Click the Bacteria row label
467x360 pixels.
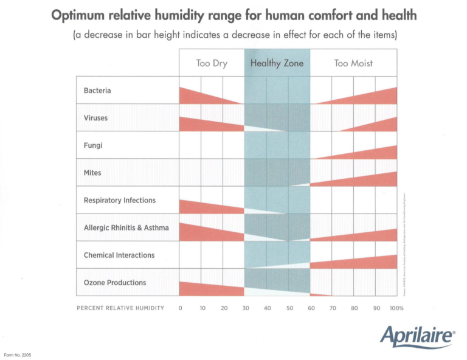(x=97, y=91)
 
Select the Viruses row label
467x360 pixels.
(x=95, y=118)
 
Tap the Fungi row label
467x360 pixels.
(x=93, y=145)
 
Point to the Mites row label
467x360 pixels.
(x=93, y=173)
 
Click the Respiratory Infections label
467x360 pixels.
(x=120, y=200)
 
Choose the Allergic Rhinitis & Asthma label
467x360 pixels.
(x=126, y=228)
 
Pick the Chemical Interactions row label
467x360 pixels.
(x=119, y=255)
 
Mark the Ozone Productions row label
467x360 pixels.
(x=115, y=283)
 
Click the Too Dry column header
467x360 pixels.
(x=212, y=63)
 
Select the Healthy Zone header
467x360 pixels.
(x=277, y=63)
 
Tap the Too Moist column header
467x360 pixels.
(x=353, y=63)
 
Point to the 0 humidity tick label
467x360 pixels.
(x=181, y=308)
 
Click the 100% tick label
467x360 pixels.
(x=396, y=308)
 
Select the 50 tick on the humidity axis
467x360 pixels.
(x=289, y=308)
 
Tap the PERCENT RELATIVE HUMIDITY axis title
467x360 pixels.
(x=120, y=308)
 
